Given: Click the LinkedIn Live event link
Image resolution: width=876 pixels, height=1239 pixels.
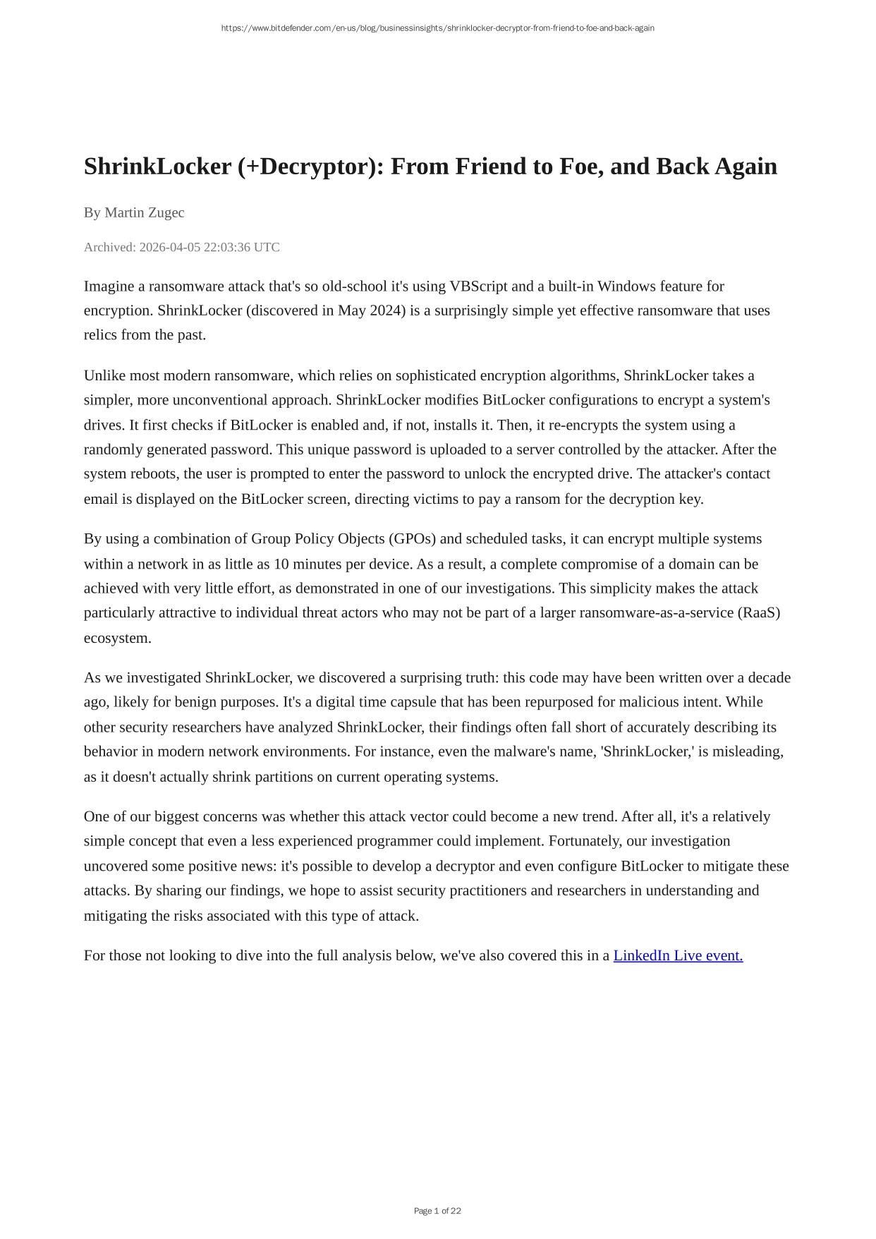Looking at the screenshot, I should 678,955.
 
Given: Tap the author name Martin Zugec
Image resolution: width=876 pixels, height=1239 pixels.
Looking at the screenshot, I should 145,212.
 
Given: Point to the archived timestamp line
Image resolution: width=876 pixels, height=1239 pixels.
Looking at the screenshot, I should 182,247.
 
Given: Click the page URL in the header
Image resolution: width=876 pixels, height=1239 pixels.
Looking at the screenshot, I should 437,28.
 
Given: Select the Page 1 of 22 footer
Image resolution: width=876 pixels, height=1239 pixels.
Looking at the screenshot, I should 437,1211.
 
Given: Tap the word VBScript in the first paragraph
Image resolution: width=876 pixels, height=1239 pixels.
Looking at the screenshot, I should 478,286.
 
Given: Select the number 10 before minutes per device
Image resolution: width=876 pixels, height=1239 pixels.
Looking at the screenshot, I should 281,564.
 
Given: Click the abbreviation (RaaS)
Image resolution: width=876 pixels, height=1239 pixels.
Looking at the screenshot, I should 759,612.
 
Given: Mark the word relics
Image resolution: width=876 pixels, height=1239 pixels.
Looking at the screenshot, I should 101,334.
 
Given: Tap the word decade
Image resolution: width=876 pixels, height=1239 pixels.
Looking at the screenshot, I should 769,677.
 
